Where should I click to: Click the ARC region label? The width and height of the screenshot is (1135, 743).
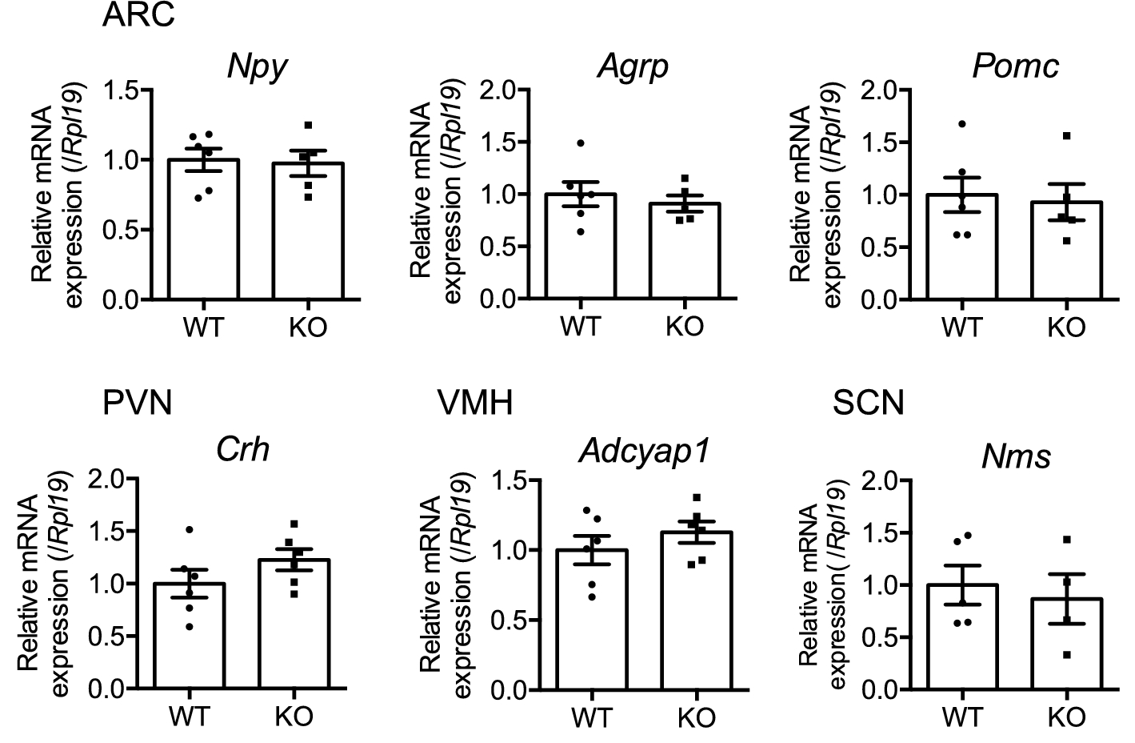tap(138, 15)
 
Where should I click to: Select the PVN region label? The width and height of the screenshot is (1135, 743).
tap(138, 404)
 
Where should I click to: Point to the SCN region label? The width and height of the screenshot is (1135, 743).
tap(868, 404)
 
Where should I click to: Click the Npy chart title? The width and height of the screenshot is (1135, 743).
tap(257, 66)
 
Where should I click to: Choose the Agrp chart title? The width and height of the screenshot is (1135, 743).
tap(633, 66)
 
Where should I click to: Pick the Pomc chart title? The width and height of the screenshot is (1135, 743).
tap(1015, 66)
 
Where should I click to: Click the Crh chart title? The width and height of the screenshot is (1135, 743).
tap(243, 450)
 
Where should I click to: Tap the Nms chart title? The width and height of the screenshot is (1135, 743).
tap(1016, 457)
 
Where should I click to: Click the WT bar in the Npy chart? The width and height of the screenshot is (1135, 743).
tap(203, 232)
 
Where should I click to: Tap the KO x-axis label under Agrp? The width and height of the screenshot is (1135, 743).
tap(685, 327)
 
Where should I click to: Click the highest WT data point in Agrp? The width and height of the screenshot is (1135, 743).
tap(581, 143)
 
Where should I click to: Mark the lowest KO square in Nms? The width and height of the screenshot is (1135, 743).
tap(1066, 655)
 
